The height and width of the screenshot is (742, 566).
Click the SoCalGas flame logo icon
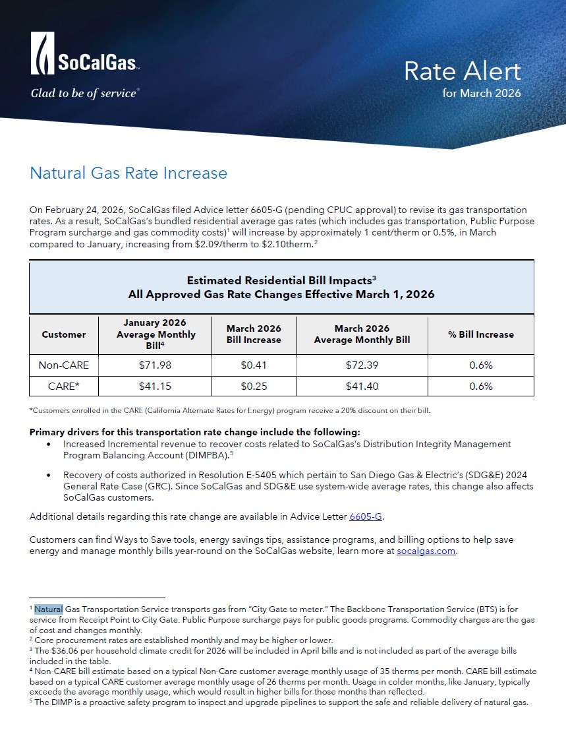coord(43,53)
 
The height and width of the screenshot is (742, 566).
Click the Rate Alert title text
coord(462,71)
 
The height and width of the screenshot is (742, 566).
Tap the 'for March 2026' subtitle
coord(482,93)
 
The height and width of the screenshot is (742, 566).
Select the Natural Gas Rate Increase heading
coord(128,173)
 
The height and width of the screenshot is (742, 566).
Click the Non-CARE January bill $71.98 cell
coord(155,365)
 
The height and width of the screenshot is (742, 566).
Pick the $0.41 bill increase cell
coord(254,365)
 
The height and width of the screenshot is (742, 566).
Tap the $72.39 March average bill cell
coord(362,365)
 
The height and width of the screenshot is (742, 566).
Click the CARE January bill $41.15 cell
coord(155,386)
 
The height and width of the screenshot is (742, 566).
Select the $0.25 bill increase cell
coord(254,386)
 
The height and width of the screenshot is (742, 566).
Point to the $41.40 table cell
coord(362,386)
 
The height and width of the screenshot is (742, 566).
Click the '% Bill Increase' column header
coord(481,334)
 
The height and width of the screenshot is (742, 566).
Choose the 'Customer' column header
coord(64,334)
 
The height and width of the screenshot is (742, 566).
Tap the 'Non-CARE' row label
coord(64,365)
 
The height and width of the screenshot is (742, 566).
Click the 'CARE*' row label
coord(64,386)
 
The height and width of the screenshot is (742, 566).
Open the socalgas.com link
coord(426,551)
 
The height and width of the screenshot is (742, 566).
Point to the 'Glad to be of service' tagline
coord(84,93)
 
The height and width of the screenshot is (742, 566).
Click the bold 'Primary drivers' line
coord(195,432)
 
